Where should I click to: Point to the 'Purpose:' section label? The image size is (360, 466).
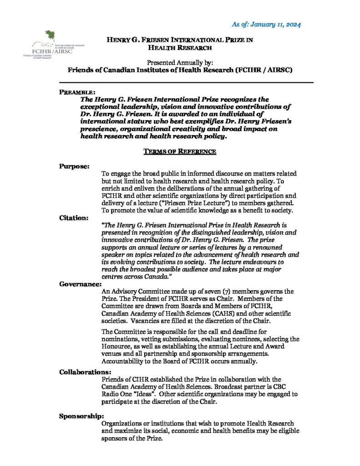click(x=74, y=167)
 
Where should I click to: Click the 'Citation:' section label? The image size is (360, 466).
click(x=74, y=218)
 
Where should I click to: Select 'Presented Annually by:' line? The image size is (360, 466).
click(x=180, y=62)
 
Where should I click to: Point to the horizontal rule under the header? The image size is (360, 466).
click(x=187, y=82)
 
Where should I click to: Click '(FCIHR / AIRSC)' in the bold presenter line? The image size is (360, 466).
click(x=258, y=70)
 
